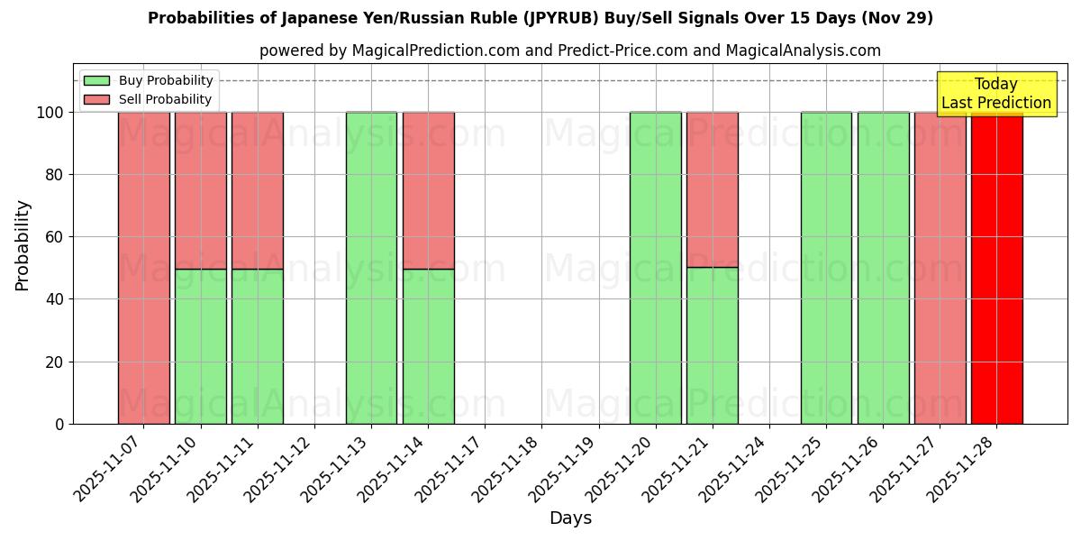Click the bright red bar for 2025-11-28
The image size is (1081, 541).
point(996,270)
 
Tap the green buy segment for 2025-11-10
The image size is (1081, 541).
point(201,346)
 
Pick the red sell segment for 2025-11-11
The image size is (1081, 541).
point(258,190)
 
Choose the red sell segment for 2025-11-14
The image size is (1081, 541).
point(428,190)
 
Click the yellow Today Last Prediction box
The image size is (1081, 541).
point(996,94)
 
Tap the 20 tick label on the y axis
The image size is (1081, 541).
point(56,362)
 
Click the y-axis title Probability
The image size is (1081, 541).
point(23,244)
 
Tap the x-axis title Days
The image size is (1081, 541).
point(570,518)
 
